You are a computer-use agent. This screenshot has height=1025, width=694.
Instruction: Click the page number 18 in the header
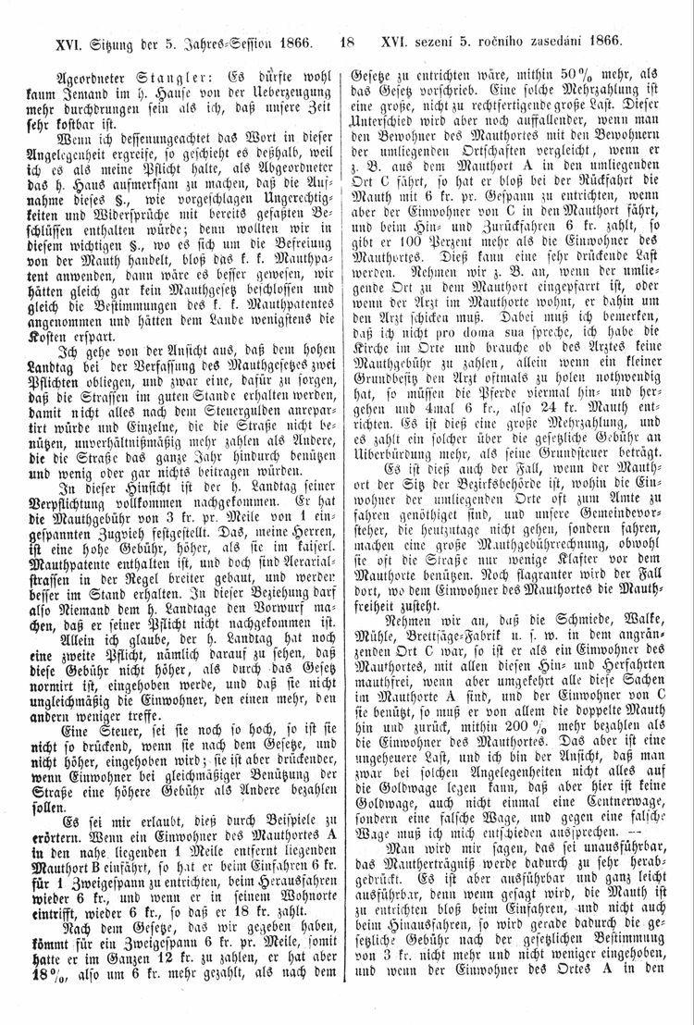click(x=348, y=41)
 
